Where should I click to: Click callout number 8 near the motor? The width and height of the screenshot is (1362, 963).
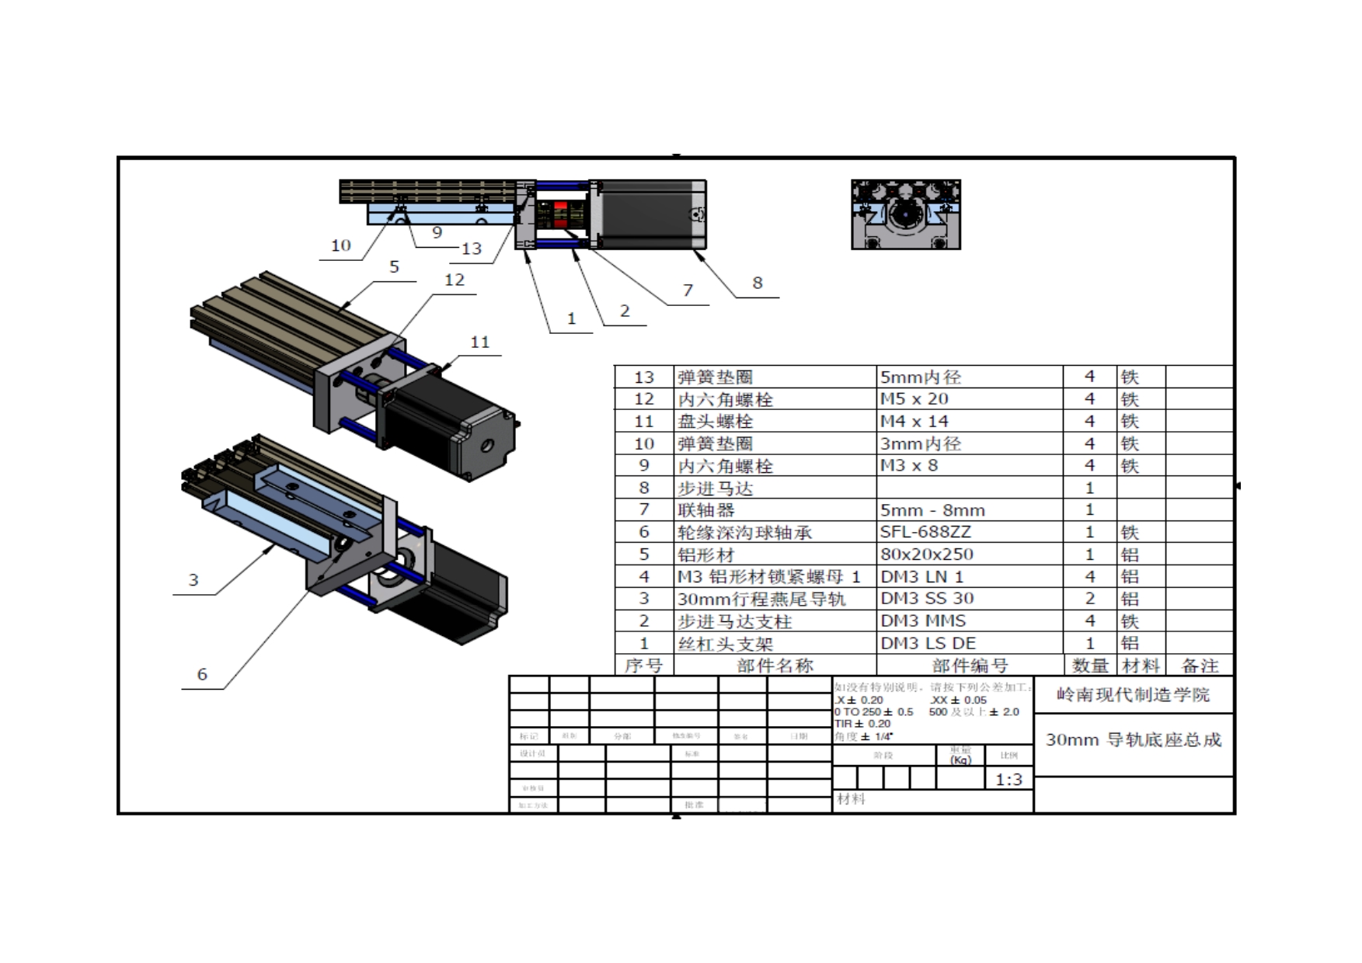758,283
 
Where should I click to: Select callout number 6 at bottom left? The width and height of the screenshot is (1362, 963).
202,674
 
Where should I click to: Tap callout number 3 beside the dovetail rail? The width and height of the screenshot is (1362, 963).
193,580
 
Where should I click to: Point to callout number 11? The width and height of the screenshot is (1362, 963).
480,342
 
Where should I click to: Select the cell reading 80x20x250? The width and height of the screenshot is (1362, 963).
926,555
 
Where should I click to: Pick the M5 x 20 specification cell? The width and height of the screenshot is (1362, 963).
914,398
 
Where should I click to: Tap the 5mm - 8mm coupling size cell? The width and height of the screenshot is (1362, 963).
932,510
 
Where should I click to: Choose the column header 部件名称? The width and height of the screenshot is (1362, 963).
775,666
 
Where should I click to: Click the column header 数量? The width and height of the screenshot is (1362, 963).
1089,666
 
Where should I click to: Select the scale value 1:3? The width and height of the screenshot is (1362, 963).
1008,779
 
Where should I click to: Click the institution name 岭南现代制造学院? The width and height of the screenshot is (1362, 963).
1133,694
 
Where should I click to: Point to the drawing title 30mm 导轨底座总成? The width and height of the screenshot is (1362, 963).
1133,739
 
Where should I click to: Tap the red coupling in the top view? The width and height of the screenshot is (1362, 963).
561,215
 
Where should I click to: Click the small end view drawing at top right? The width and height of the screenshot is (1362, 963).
906,214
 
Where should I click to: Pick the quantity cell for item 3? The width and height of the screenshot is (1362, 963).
1089,599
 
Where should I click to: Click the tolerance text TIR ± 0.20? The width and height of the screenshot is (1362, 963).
862,724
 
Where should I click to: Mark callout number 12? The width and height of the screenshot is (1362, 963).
455,280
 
